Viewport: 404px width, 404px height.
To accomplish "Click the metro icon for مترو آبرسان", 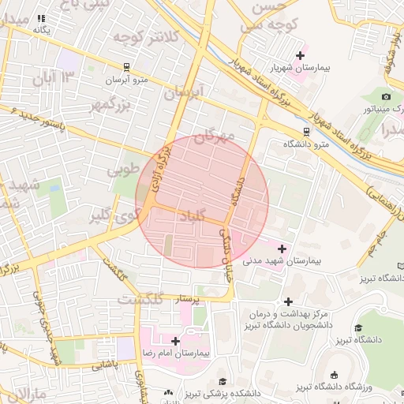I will click(126, 67).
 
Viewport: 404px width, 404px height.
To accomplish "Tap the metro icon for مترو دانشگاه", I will click(306, 132).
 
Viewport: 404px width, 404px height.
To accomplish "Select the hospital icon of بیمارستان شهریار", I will click(299, 55).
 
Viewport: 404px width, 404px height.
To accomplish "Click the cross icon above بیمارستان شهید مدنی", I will click(282, 249).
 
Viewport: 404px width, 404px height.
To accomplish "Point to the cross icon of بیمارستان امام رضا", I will click(175, 341).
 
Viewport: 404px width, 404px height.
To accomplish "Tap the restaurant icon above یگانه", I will click(41, 17).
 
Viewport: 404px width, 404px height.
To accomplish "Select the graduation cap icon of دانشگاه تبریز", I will click(358, 328).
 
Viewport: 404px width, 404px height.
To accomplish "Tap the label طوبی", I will click(123, 170).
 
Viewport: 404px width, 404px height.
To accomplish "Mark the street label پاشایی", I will click(103, 365).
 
